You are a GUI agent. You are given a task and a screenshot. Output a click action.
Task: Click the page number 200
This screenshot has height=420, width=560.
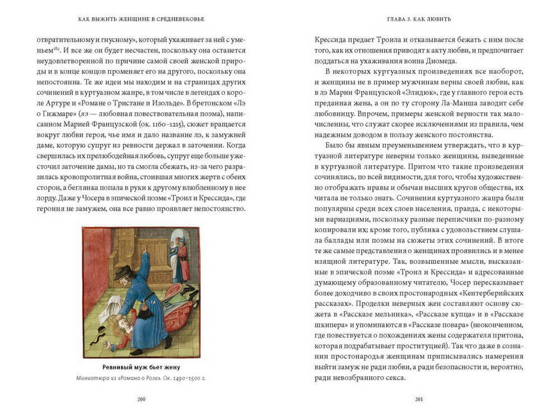click(141, 399)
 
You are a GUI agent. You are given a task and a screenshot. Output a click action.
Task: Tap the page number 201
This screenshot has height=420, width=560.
click(419, 399)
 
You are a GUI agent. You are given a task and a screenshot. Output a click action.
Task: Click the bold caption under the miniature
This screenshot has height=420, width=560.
click(141, 367)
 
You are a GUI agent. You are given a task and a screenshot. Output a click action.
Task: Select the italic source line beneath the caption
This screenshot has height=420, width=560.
click(141, 378)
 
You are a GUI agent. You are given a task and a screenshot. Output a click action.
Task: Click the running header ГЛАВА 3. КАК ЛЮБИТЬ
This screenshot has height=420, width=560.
click(419, 19)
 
